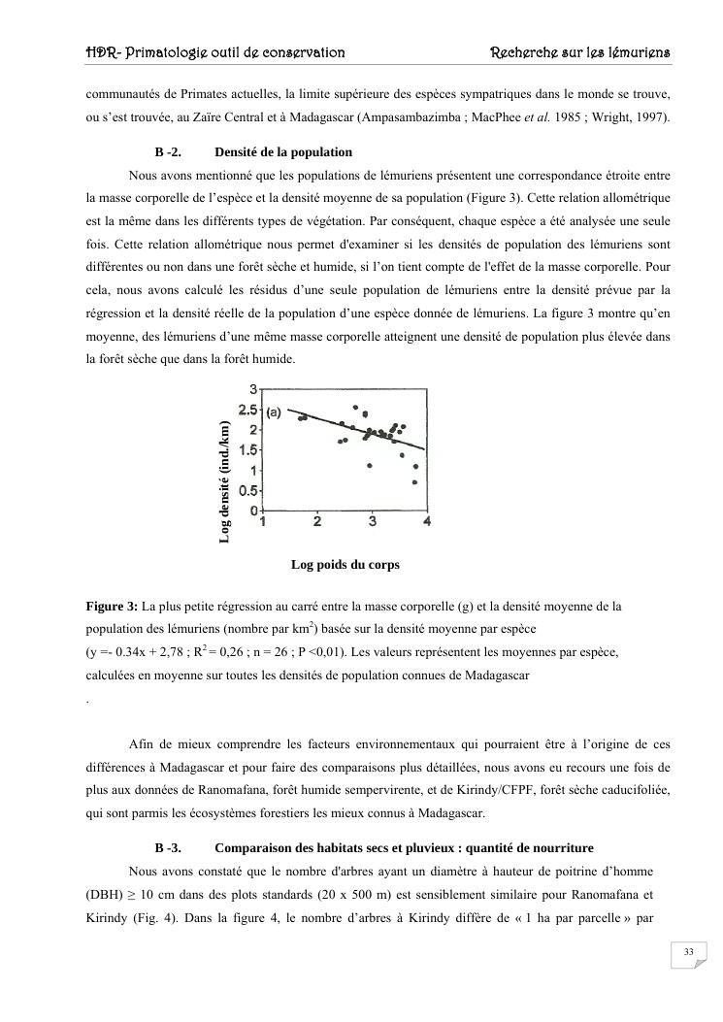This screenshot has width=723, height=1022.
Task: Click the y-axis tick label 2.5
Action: coord(248,411)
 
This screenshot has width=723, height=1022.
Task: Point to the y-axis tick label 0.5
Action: coord(248,490)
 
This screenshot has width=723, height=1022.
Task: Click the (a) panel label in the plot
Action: coord(274,412)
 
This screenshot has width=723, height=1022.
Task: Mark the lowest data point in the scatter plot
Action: coord(414,482)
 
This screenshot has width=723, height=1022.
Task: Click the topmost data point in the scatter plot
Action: coord(355,408)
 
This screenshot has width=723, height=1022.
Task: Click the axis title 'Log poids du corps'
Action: coord(345,564)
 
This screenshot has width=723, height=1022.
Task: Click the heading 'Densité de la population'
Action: coord(283,152)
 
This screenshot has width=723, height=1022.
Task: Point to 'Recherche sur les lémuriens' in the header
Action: coord(581,51)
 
